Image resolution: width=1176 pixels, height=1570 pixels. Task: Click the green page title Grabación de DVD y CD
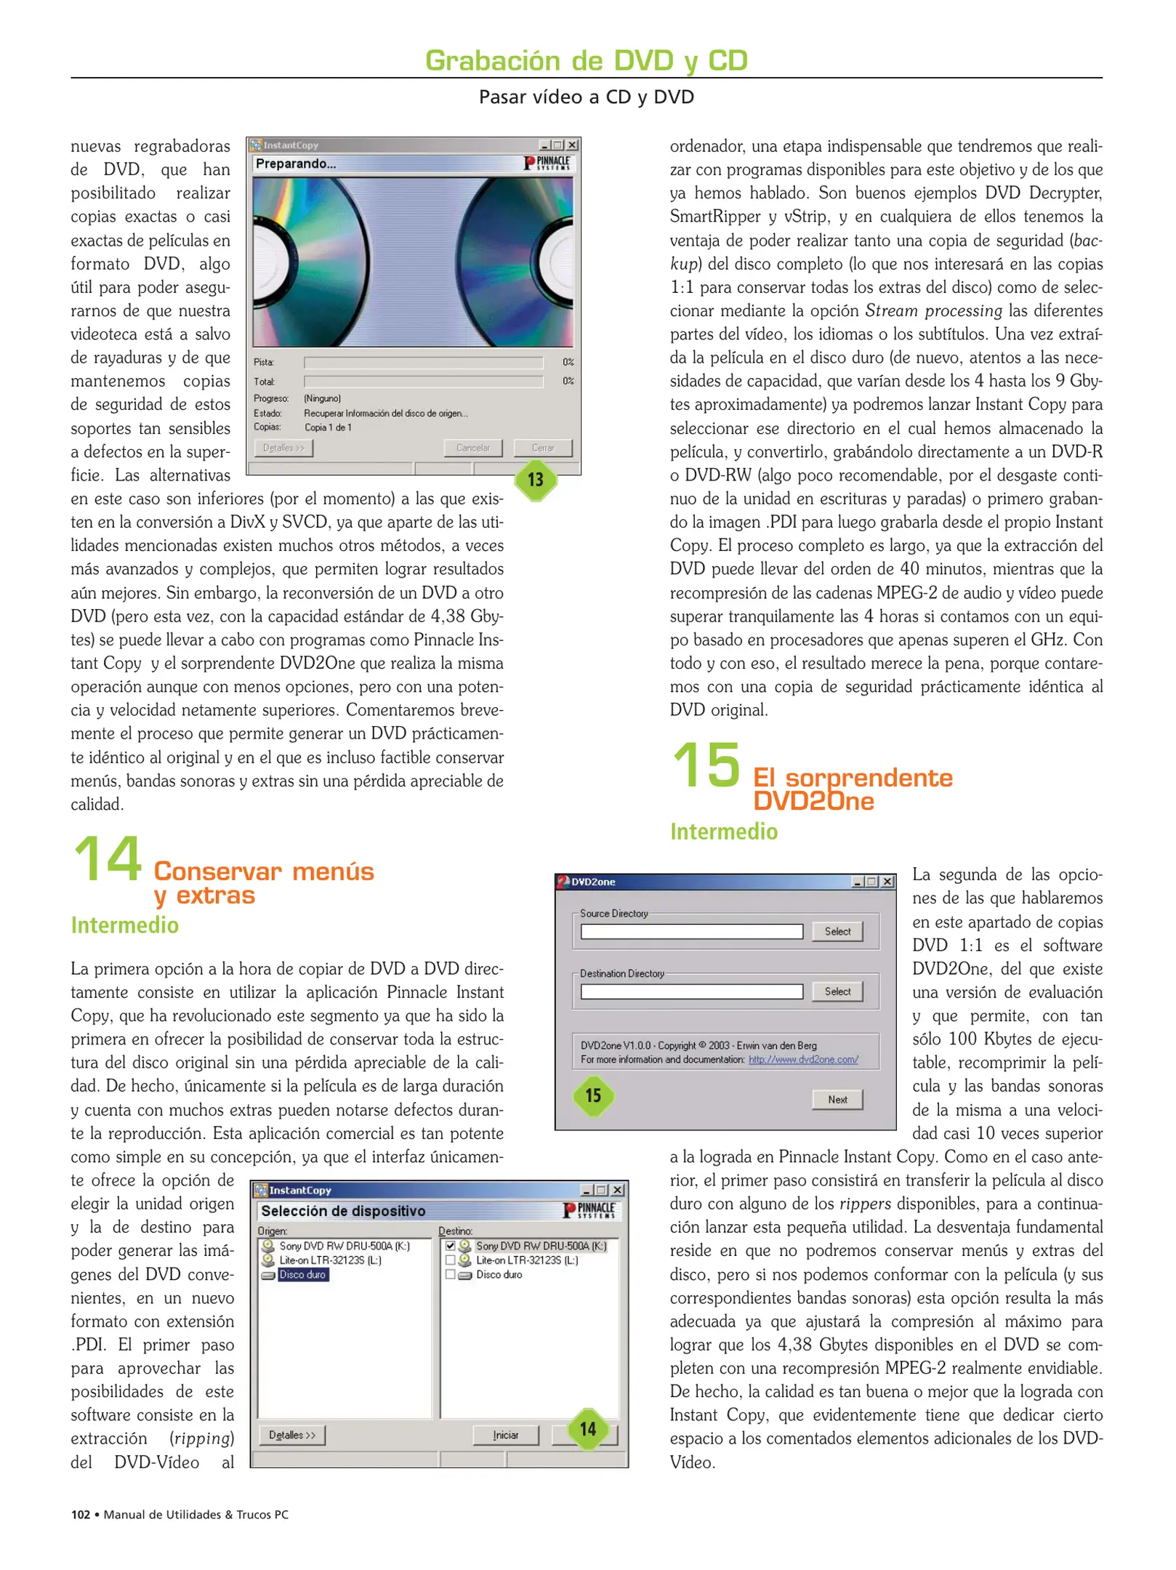coord(586,60)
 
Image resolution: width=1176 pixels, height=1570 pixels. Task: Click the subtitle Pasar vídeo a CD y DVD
coord(586,97)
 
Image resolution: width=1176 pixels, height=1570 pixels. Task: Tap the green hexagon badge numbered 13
coord(536,480)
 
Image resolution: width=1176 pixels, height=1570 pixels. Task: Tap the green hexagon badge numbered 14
coord(587,1428)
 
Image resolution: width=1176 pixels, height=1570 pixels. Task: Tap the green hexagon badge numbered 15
coord(593,1095)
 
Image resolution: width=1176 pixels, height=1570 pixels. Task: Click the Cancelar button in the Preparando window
coord(472,448)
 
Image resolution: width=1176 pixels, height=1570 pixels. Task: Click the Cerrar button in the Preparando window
coord(542,448)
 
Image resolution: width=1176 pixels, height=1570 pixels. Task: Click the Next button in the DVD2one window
coord(837,1099)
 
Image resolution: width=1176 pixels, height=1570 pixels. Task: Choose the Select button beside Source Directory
coord(837,931)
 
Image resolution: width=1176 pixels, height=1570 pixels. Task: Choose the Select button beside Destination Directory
coord(837,991)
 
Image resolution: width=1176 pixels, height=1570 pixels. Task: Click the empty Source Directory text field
coord(691,932)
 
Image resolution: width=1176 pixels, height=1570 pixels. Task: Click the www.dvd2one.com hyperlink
coord(803,1059)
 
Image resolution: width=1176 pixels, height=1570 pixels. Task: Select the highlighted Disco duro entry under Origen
coord(302,1274)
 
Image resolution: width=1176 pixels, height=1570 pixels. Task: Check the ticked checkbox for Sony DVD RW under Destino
coord(451,1246)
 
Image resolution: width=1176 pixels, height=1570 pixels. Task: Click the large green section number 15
coord(706,765)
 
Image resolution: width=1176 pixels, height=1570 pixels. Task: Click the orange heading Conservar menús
coord(264,871)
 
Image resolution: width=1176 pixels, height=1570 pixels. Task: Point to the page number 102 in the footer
coord(80,1514)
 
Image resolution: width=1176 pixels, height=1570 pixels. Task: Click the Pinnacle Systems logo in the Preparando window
coord(549,164)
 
